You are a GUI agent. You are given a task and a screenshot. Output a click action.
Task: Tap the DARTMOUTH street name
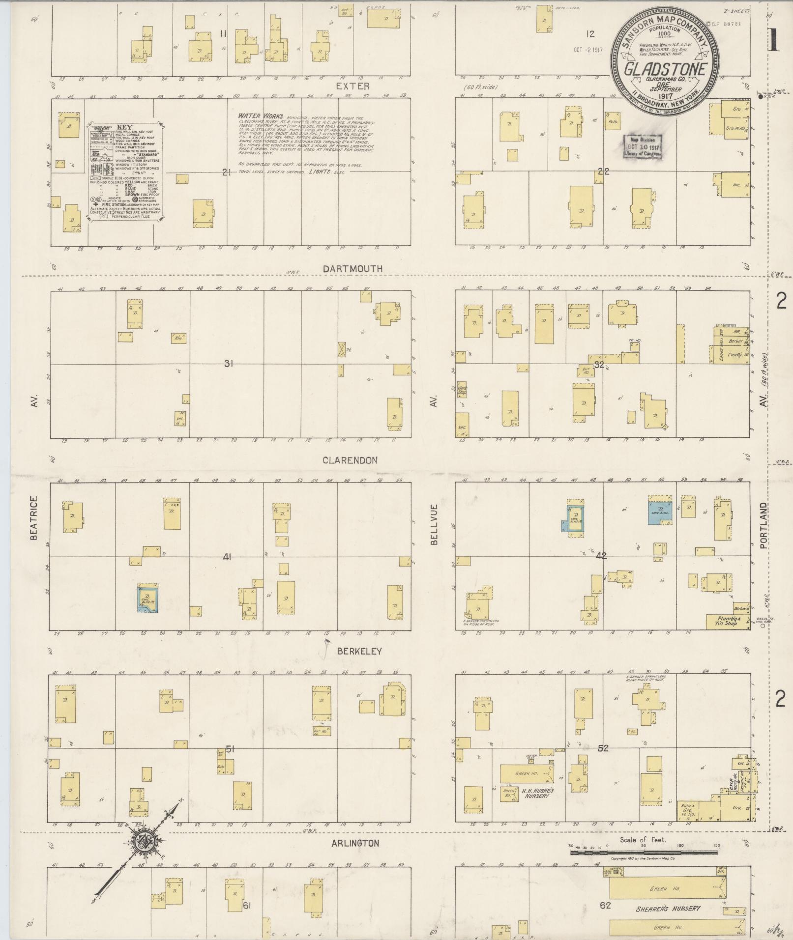(353, 269)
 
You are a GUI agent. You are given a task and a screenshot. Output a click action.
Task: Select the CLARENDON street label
(350, 460)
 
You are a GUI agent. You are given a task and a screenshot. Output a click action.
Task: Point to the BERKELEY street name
(359, 651)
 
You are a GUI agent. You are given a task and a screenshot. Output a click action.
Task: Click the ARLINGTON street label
(355, 843)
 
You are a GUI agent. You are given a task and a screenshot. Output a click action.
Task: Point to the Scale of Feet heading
(643, 840)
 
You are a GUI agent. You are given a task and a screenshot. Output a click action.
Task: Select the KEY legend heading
(125, 127)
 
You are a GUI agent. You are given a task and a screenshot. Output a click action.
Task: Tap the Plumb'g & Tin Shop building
(727, 621)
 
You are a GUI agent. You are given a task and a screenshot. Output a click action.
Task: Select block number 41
(227, 557)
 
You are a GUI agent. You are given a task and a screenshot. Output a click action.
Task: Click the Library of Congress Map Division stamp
(643, 146)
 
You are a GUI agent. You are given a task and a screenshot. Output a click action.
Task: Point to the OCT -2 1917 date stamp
(587, 50)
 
